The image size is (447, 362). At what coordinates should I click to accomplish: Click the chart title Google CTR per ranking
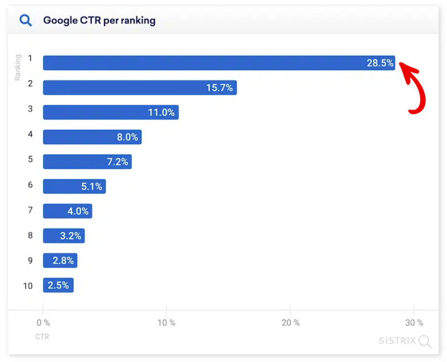[x=99, y=20]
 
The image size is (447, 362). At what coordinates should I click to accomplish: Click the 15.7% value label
[x=220, y=88]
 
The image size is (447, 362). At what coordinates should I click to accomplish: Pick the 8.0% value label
[x=127, y=137]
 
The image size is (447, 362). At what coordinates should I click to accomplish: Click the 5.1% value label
[x=92, y=187]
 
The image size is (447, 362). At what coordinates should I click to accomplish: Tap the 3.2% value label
[x=71, y=236]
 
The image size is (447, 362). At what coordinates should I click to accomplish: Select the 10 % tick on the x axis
[x=166, y=323]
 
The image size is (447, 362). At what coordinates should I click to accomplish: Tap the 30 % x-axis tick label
[x=414, y=323]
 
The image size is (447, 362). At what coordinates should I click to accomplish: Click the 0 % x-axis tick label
[x=43, y=323]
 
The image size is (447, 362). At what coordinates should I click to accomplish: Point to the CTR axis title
[x=42, y=337]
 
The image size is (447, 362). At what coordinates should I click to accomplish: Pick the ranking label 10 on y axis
[x=28, y=286]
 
